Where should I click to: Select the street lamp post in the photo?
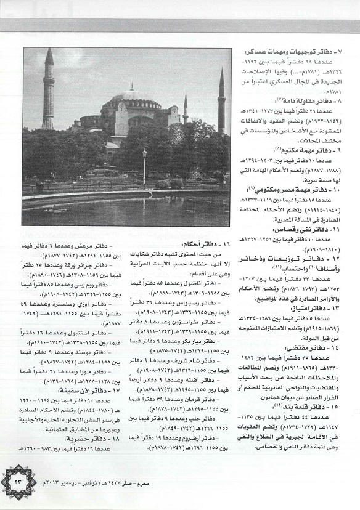(144, 166)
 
